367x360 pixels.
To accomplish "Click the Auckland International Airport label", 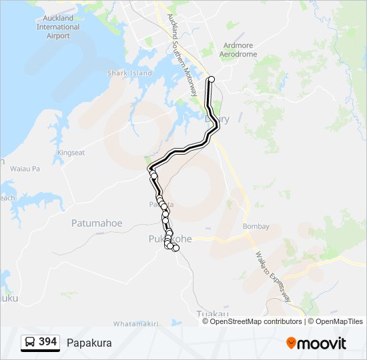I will pyautogui.click(x=58, y=27).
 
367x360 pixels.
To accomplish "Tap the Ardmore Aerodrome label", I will pyautogui.click(x=238, y=50).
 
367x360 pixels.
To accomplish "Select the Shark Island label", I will pyautogui.click(x=129, y=73).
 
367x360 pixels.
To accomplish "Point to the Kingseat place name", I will pyautogui.click(x=71, y=153).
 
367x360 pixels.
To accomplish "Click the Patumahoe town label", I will pyautogui.click(x=97, y=223).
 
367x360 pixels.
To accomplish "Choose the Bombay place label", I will pyautogui.click(x=256, y=227).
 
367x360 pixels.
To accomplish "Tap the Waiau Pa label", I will pyautogui.click(x=25, y=169).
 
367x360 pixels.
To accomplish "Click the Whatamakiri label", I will pyautogui.click(x=136, y=323).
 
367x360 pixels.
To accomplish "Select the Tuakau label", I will pyautogui.click(x=212, y=314).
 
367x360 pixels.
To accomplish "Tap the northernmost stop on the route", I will pyautogui.click(x=212, y=79).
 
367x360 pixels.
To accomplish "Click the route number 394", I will pyautogui.click(x=47, y=342).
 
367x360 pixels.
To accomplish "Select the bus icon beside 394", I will pyautogui.click(x=30, y=343).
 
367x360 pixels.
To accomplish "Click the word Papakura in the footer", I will pyautogui.click(x=89, y=343).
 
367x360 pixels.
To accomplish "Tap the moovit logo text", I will pyautogui.click(x=322, y=343).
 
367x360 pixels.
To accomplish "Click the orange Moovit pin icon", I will pyautogui.click(x=291, y=343).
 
